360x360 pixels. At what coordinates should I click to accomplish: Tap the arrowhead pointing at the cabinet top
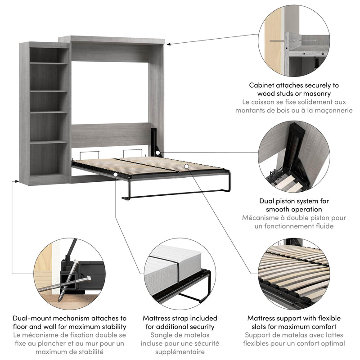click(x=169, y=44)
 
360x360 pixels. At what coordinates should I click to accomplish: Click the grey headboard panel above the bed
click(x=110, y=134)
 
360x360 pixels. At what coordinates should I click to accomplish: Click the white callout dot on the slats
click(x=185, y=166)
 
